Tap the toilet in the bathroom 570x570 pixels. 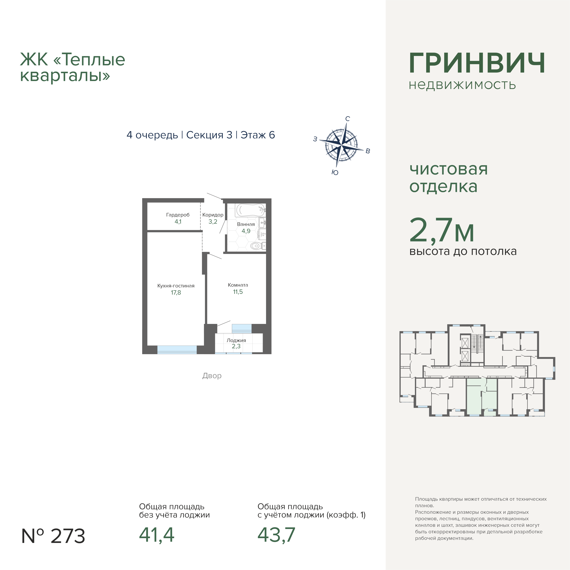257,245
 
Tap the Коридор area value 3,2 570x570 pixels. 213,222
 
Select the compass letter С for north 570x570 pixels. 348,119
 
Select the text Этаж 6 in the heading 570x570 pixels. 257,135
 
